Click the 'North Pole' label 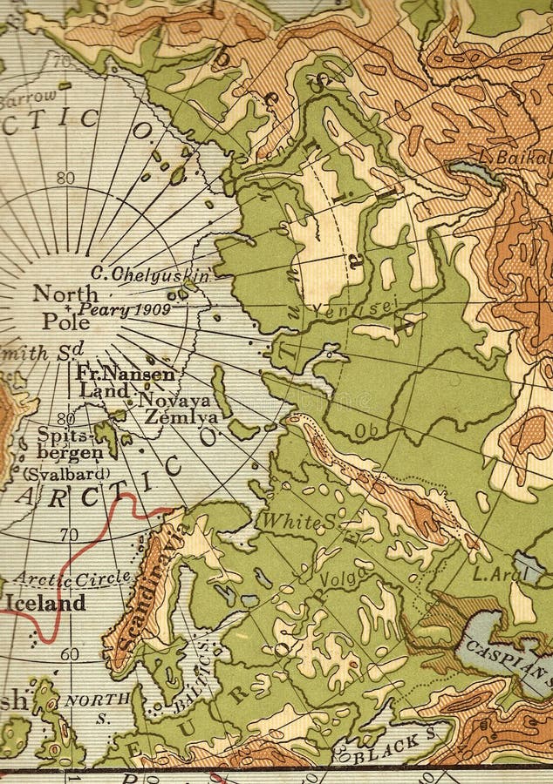[x=65, y=307]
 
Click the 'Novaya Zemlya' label [x=177, y=408]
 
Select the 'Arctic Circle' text [x=72, y=578]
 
